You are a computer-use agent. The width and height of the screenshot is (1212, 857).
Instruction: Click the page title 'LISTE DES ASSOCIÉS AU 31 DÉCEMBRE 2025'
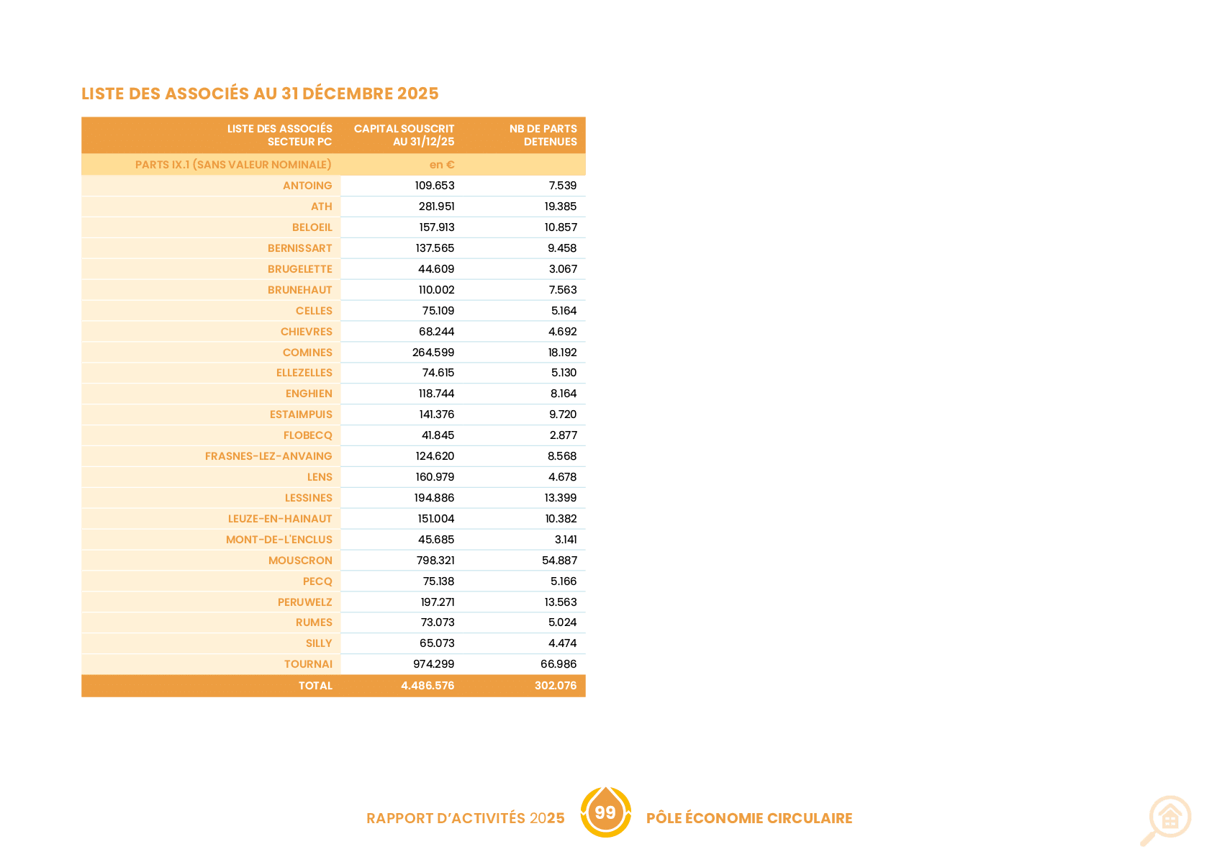(260, 94)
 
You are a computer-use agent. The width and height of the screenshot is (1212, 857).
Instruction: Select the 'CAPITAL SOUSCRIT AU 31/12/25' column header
(404, 135)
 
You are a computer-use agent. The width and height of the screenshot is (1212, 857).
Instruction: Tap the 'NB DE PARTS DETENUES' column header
(543, 135)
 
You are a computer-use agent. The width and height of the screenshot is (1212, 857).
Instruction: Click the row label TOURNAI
(308, 664)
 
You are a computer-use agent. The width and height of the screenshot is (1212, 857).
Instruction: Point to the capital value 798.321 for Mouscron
(435, 560)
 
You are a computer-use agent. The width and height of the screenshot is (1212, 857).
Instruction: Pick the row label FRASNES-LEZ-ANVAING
(268, 456)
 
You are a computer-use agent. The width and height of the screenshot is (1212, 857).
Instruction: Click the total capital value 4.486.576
(428, 686)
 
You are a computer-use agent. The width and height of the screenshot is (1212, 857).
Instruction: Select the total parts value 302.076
(556, 686)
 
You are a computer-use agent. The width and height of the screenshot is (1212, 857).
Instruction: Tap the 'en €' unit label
(441, 165)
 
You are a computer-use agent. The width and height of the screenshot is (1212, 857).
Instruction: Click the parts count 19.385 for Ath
(561, 206)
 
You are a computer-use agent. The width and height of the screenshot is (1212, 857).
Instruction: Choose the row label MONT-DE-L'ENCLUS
(279, 540)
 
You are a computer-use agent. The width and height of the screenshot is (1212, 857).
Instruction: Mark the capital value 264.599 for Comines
(433, 352)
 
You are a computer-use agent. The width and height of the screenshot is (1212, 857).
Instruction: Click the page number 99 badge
(605, 812)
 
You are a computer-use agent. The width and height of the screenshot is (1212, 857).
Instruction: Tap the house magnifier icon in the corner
(1166, 820)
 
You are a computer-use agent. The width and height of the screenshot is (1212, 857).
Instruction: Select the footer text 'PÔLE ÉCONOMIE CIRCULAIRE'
(749, 818)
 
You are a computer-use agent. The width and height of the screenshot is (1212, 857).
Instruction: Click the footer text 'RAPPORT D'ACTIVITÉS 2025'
(466, 818)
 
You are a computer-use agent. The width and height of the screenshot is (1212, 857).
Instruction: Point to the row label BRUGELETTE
(299, 269)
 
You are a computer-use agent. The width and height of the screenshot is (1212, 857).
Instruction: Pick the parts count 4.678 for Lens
(562, 476)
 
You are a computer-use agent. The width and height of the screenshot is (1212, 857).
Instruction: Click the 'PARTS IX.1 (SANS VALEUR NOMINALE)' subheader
(233, 165)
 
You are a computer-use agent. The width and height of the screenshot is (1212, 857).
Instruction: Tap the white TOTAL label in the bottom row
(315, 686)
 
